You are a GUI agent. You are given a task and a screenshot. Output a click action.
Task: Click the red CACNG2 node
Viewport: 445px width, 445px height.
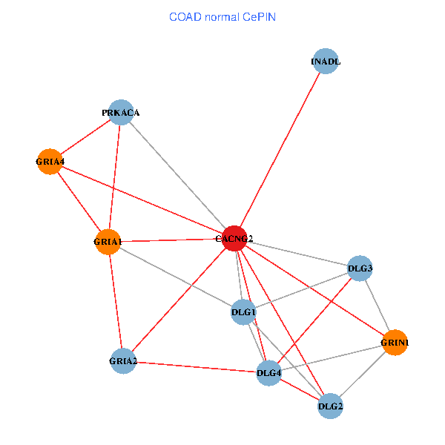(234, 238)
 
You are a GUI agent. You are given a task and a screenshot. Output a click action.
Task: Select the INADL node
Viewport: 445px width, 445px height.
(326, 62)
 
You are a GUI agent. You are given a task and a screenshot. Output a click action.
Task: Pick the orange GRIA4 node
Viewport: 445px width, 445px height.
(50, 161)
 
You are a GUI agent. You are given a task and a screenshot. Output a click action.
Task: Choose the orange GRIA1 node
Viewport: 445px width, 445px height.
(108, 242)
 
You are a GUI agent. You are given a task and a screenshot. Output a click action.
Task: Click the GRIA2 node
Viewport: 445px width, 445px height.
(122, 361)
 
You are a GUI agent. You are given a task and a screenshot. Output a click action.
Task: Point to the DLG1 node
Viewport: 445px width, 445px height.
(244, 312)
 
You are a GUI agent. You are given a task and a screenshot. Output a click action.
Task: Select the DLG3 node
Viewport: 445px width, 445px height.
(360, 268)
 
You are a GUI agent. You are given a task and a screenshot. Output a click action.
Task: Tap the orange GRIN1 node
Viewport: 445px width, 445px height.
(395, 343)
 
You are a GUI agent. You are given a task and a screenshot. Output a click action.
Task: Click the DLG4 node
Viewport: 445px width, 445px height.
(268, 372)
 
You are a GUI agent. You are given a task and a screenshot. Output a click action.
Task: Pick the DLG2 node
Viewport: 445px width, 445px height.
(330, 406)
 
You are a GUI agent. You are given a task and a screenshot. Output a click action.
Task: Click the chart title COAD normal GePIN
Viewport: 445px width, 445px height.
(222, 16)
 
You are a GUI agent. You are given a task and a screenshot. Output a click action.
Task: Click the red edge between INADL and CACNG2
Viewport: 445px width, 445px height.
(280, 150)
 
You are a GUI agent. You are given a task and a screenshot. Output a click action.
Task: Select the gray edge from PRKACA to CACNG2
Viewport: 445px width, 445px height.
(177, 175)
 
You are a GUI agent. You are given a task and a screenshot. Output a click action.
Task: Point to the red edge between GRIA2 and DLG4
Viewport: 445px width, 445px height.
(195, 366)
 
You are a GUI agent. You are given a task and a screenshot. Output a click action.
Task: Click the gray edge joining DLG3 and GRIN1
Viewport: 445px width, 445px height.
(377, 305)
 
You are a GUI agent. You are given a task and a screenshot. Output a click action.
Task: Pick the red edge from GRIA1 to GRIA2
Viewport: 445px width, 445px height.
(115, 301)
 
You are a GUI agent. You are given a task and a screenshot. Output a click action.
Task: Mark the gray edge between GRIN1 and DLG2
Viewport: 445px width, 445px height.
(363, 374)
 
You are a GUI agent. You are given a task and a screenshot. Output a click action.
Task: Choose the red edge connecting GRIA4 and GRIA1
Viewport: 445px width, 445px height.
(79, 201)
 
